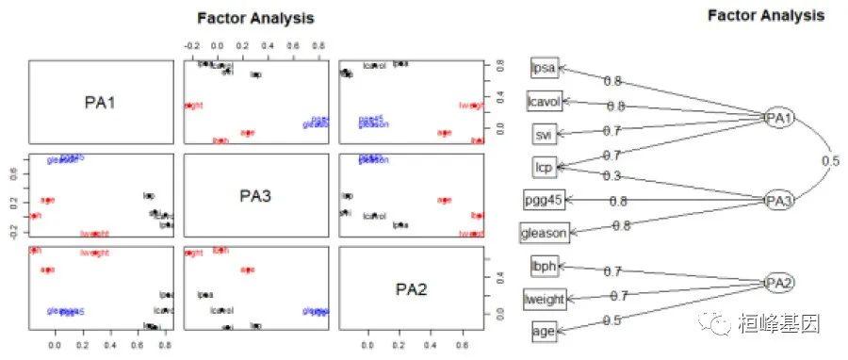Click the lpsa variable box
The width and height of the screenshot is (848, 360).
pyautogui.click(x=545, y=69)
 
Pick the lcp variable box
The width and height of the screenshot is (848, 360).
pyautogui.click(x=545, y=167)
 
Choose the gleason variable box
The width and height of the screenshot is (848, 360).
pyautogui.click(x=546, y=232)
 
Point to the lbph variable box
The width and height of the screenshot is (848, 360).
pyautogui.click(x=545, y=267)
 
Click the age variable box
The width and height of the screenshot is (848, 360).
pyautogui.click(x=545, y=332)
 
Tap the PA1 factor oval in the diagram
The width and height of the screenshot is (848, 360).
pyautogui.click(x=780, y=119)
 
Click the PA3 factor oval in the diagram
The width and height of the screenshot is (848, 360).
pyautogui.click(x=780, y=200)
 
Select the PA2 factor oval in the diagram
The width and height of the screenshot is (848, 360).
pyautogui.click(x=780, y=283)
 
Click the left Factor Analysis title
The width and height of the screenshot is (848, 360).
pyautogui.click(x=255, y=18)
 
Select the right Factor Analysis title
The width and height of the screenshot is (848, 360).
pyautogui.click(x=765, y=15)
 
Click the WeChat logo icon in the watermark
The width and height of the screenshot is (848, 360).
pyautogui.click(x=721, y=323)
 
